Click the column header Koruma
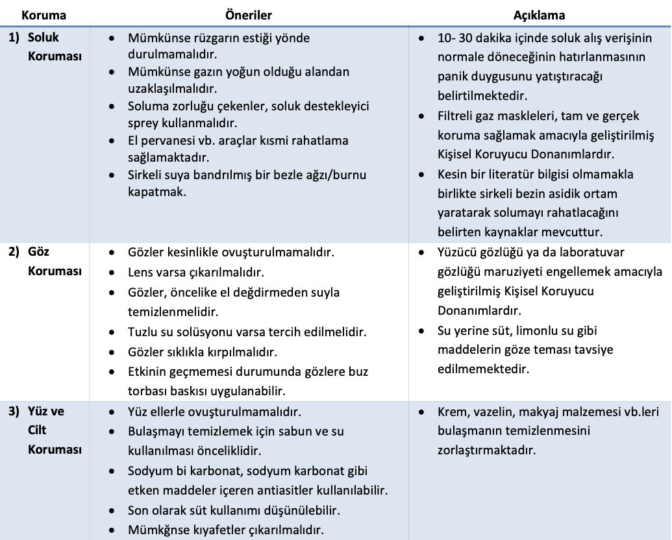tap(44, 14)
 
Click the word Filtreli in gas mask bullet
tap(457, 116)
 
